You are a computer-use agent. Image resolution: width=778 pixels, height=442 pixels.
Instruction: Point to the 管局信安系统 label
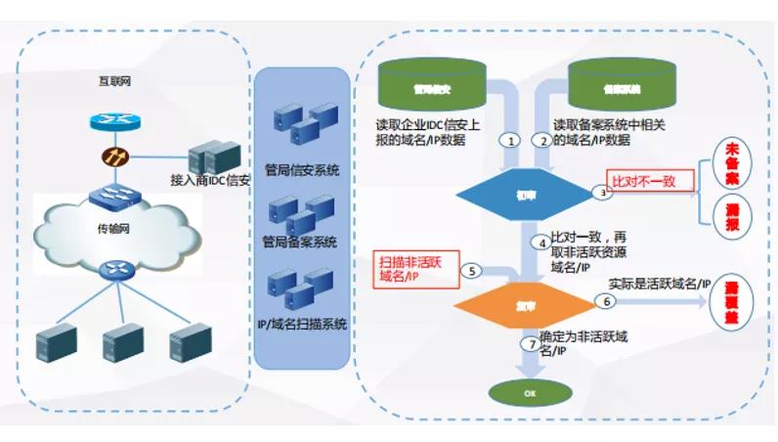[x=301, y=170]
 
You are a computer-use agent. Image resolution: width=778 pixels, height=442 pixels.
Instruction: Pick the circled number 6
[x=606, y=303]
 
